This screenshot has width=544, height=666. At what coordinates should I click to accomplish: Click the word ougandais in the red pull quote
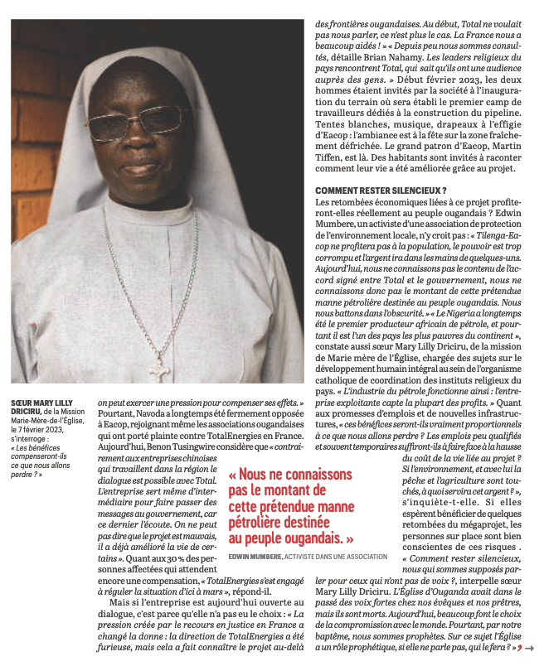click(311, 538)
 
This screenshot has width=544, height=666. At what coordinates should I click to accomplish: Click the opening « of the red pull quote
click(234, 475)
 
